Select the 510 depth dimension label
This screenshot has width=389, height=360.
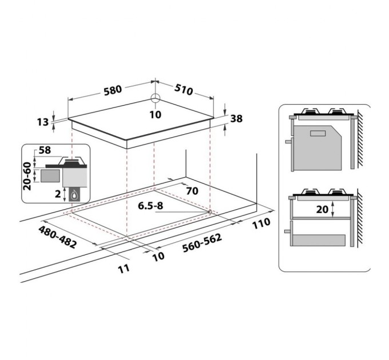(184, 90)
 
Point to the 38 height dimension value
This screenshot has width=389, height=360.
(236, 118)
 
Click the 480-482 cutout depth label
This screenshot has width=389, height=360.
(57, 237)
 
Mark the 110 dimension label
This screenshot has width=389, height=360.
(261, 224)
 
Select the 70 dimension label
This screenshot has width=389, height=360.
(192, 191)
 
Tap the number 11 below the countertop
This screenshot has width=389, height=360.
(124, 267)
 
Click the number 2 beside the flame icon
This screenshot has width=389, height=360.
(57, 194)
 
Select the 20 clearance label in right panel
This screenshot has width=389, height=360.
(323, 209)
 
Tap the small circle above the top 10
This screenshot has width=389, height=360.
(156, 98)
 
